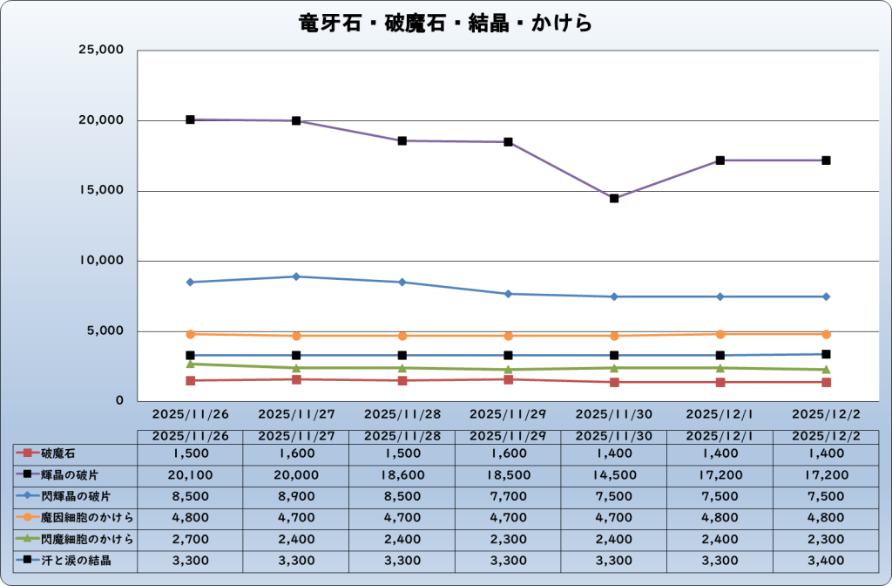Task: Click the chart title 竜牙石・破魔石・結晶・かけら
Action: (445, 23)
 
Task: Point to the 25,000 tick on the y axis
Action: (102, 51)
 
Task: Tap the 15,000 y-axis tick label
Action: (102, 191)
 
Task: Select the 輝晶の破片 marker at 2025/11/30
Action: (614, 199)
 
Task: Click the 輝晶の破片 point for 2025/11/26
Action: (190, 119)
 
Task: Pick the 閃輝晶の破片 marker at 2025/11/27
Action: (296, 276)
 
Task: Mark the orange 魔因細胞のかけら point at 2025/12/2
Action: (826, 334)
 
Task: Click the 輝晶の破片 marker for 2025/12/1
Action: (720, 160)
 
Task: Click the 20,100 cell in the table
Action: (190, 475)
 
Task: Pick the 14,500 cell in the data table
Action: (614, 475)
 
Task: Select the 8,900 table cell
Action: (296, 496)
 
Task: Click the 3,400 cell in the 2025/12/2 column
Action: (826, 560)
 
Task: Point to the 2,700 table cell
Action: (190, 539)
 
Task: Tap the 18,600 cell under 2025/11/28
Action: (402, 475)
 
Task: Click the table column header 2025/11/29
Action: (508, 435)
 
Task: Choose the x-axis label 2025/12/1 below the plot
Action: (720, 412)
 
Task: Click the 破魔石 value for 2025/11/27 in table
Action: (296, 453)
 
